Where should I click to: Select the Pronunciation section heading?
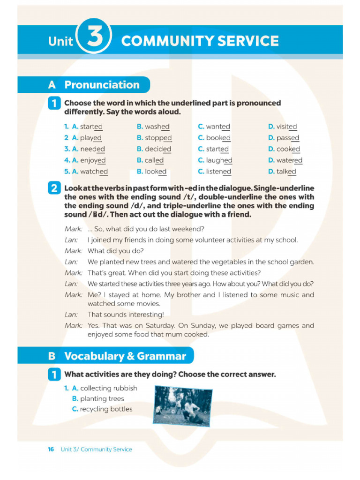pos(102,85)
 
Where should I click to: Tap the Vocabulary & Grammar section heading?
pos(125,356)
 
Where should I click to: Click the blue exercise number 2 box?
pos(54,188)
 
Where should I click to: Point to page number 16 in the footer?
pos(51,449)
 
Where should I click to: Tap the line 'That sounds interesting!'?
pos(126,315)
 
